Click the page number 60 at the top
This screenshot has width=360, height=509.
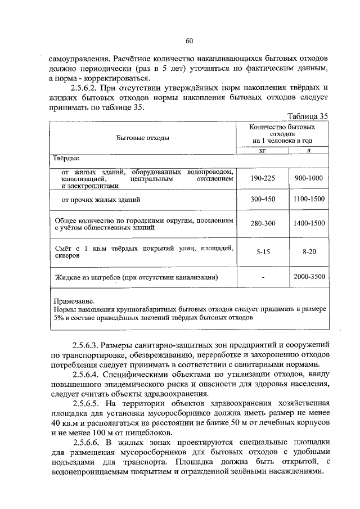(189, 40)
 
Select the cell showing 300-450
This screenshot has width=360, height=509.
(262, 200)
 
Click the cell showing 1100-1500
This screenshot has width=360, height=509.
(309, 200)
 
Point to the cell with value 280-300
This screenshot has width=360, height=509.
(262, 224)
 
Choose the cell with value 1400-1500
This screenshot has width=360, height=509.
(309, 224)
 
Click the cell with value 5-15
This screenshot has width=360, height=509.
(262, 253)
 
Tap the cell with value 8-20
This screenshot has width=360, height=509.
(309, 253)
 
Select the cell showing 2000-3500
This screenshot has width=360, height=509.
(309, 277)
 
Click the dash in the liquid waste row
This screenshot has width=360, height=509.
(262, 277)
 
